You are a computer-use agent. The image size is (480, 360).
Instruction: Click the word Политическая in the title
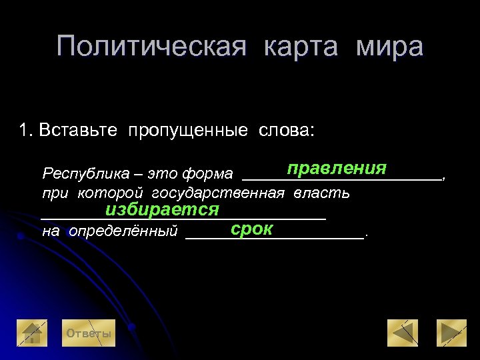(152, 47)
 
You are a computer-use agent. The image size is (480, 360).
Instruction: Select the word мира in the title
(389, 47)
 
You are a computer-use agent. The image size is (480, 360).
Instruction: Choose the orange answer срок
(252, 229)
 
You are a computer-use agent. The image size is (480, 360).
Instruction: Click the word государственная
(219, 193)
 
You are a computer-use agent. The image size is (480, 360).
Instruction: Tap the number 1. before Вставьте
(26, 129)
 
